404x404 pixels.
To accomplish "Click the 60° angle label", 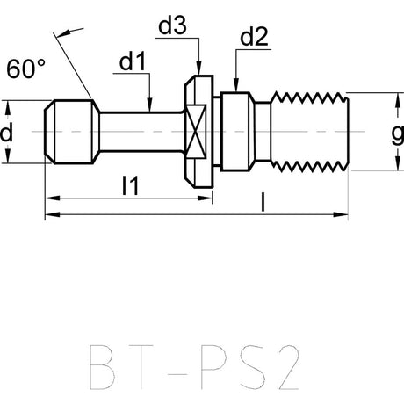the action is (x=26, y=69).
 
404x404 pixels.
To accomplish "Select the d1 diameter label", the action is (x=133, y=61).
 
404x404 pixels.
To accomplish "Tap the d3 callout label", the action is (x=172, y=25).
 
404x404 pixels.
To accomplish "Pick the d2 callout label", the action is (x=254, y=37).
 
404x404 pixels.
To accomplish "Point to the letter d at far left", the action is (x=6, y=133).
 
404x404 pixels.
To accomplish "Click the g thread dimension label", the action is (x=398, y=135).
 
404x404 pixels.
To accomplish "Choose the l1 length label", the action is (x=130, y=185).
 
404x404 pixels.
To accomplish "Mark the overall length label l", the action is (x=263, y=202).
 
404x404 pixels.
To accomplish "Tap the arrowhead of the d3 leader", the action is (x=198, y=69).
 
